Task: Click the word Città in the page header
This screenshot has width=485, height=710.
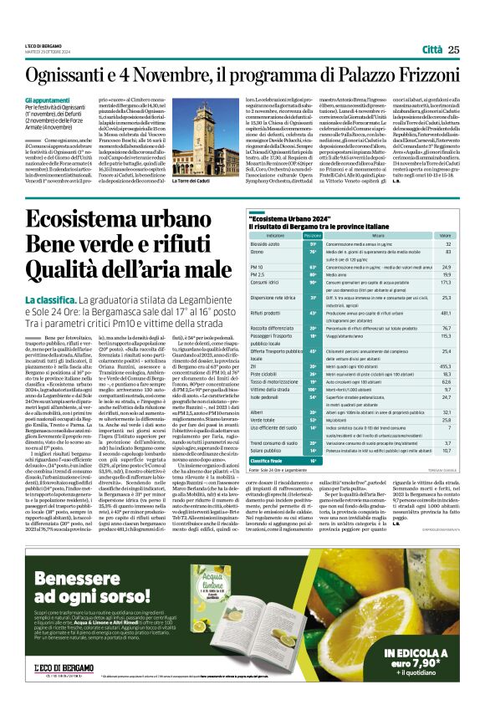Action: click(432, 50)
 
